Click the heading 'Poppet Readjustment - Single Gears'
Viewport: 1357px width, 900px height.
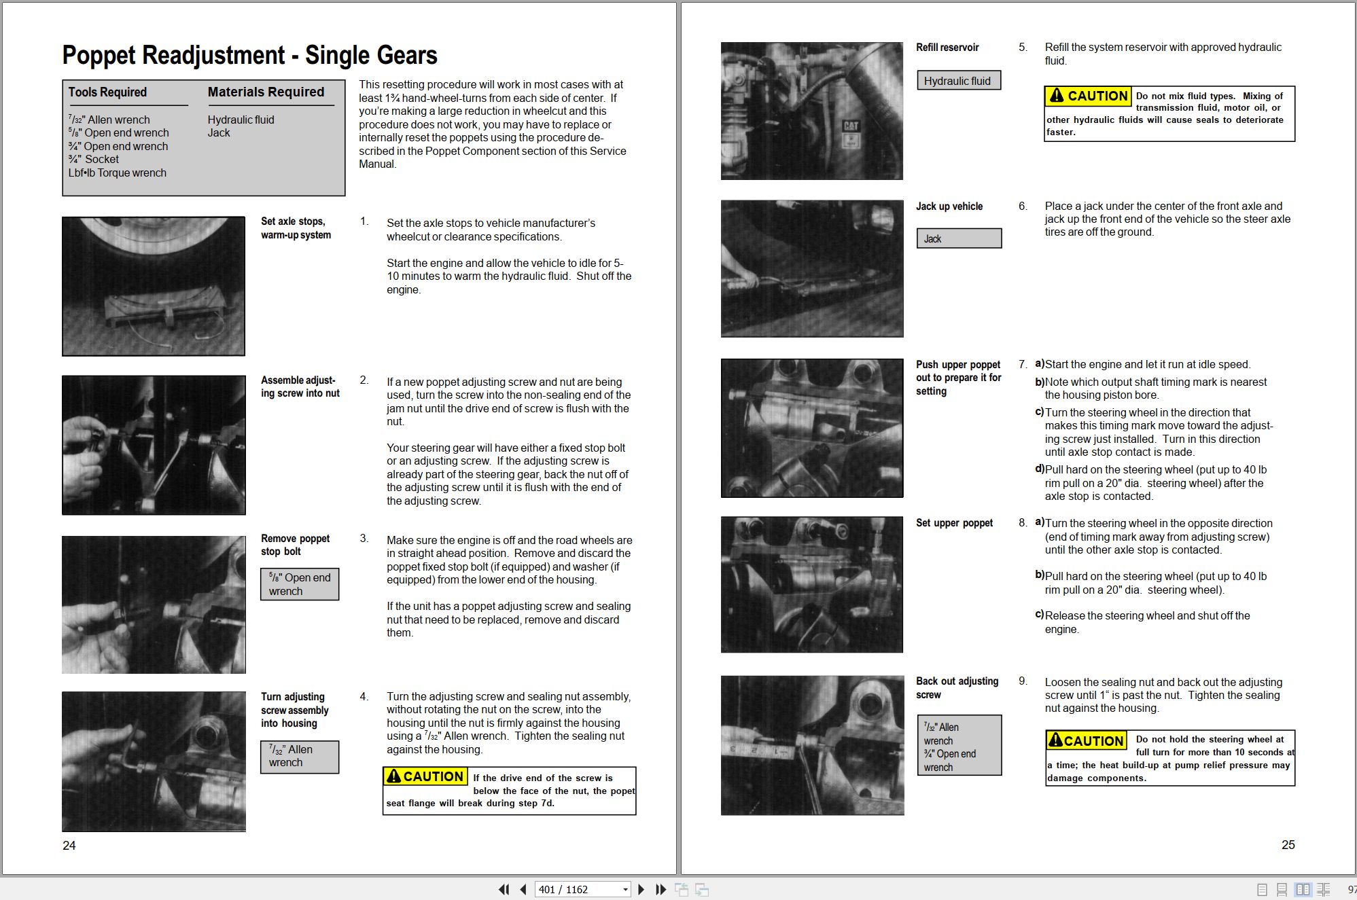pyautogui.click(x=249, y=55)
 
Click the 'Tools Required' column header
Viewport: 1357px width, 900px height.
pyautogui.click(x=107, y=92)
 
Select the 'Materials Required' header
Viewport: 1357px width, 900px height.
pyautogui.click(x=266, y=92)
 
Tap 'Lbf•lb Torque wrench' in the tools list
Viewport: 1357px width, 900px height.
pyautogui.click(x=117, y=173)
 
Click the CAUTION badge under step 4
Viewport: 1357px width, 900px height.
pyautogui.click(x=425, y=776)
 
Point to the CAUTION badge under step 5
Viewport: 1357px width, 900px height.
pyautogui.click(x=1088, y=96)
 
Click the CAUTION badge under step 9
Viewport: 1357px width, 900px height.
pyautogui.click(x=1087, y=740)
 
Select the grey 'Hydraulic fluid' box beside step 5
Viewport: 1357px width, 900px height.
pyautogui.click(x=959, y=81)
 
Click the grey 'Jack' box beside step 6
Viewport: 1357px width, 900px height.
pyautogui.click(x=959, y=238)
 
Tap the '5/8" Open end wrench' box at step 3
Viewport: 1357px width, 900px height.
pyautogui.click(x=300, y=584)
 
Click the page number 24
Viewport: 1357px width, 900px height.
pyautogui.click(x=69, y=846)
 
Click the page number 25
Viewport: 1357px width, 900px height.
pyautogui.click(x=1288, y=845)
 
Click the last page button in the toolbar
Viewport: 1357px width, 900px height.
pyautogui.click(x=660, y=890)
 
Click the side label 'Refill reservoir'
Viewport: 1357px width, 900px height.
pyautogui.click(x=947, y=48)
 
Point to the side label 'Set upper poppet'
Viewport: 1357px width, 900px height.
pyautogui.click(x=954, y=523)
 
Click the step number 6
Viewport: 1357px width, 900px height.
pyautogui.click(x=1023, y=206)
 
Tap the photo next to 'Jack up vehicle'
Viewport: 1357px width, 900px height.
pyautogui.click(x=812, y=268)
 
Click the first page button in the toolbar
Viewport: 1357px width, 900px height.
pyautogui.click(x=504, y=890)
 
